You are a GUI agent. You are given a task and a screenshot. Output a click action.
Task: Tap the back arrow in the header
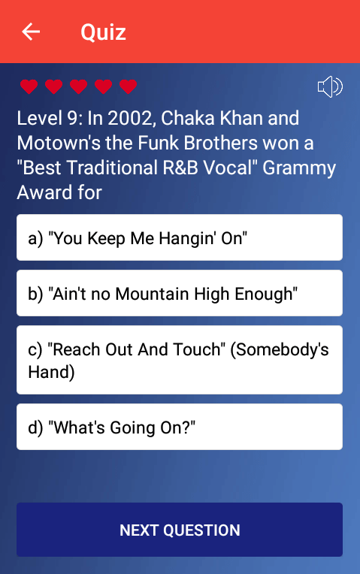(31, 32)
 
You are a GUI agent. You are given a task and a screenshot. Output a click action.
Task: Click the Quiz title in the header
(103, 32)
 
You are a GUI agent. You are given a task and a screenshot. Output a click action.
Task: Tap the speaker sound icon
(330, 86)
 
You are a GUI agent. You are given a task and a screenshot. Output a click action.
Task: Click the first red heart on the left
(29, 86)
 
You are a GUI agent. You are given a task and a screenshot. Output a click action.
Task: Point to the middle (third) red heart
(78, 86)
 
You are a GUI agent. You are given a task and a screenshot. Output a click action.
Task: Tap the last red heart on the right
(129, 86)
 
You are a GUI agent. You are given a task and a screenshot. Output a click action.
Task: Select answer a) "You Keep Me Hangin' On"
(180, 237)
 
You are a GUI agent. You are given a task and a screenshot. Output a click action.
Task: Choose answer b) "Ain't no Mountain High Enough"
(180, 293)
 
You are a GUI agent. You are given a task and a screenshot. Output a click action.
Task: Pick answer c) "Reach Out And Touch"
(180, 360)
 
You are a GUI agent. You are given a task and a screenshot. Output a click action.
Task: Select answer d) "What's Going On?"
(180, 427)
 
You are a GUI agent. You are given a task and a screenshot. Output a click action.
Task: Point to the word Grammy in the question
(299, 168)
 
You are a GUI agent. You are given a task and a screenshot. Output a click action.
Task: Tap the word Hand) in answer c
(51, 373)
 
